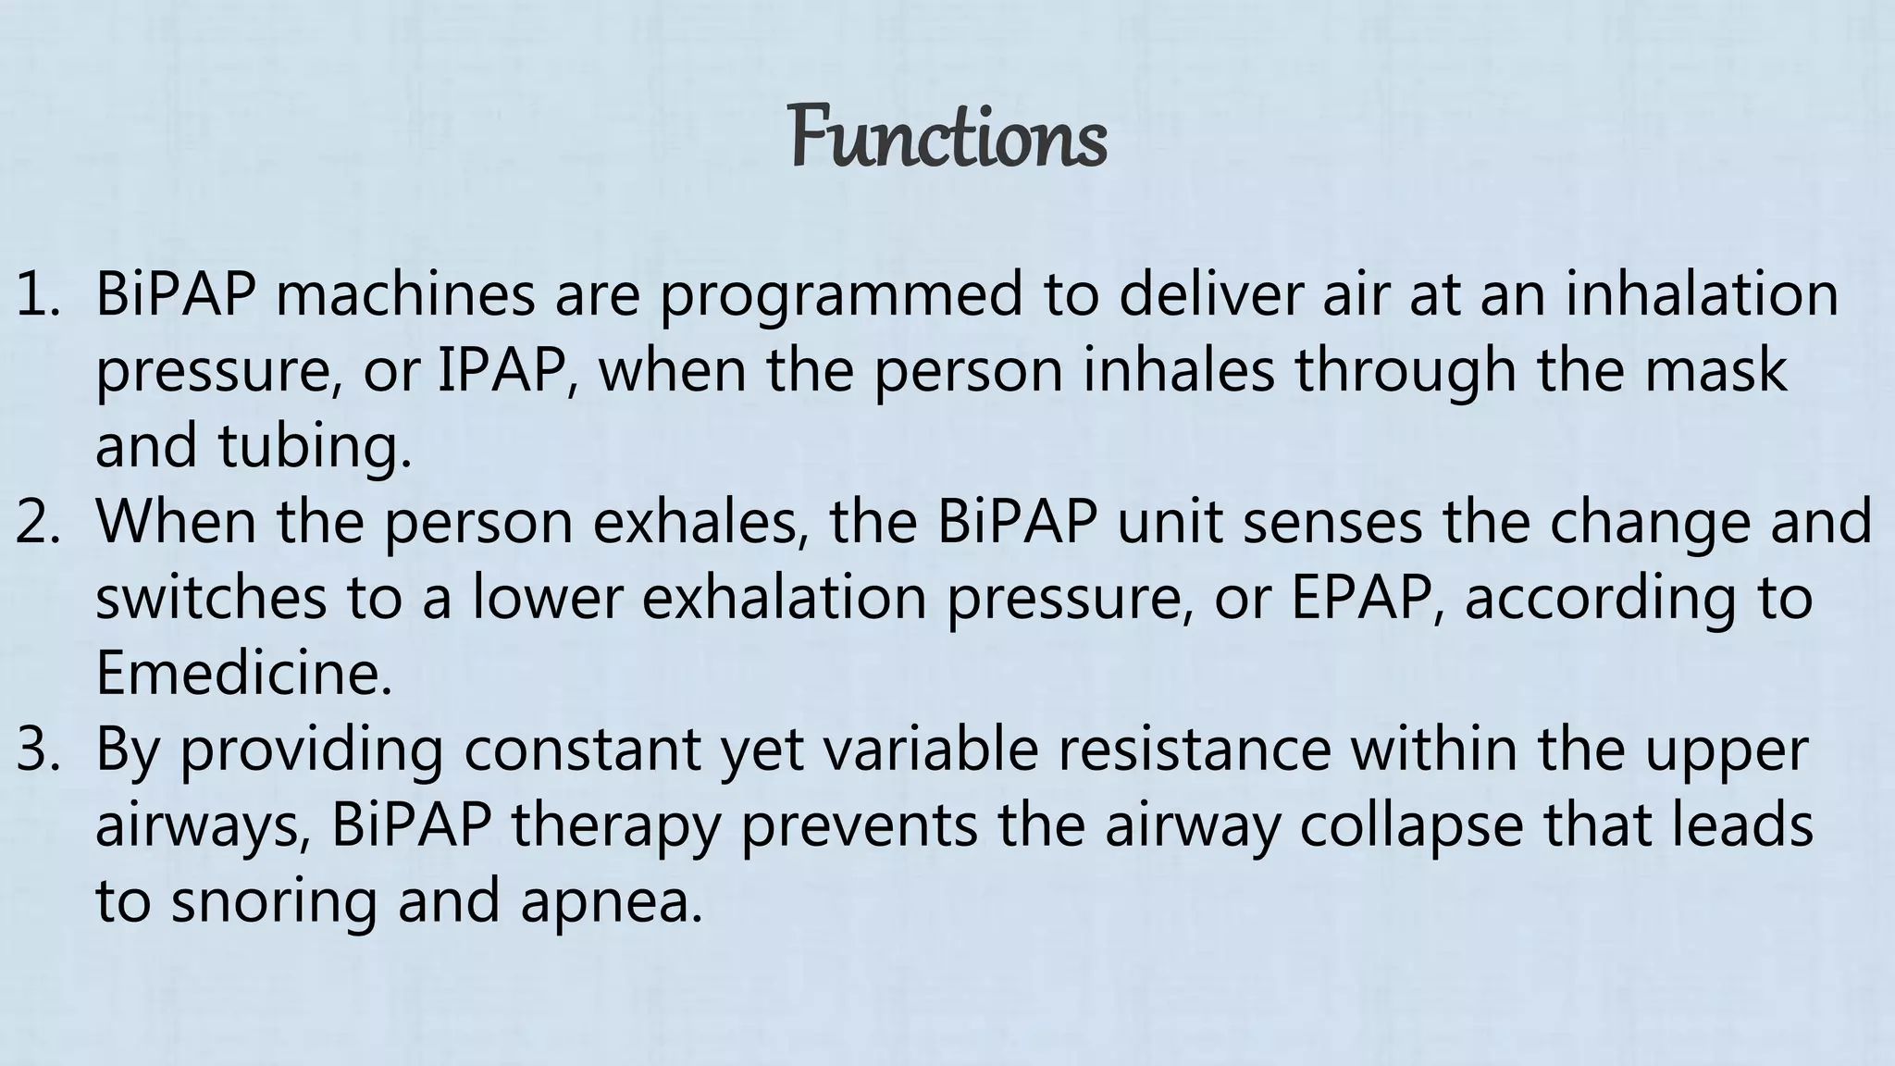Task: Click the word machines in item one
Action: pyautogui.click(x=404, y=295)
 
